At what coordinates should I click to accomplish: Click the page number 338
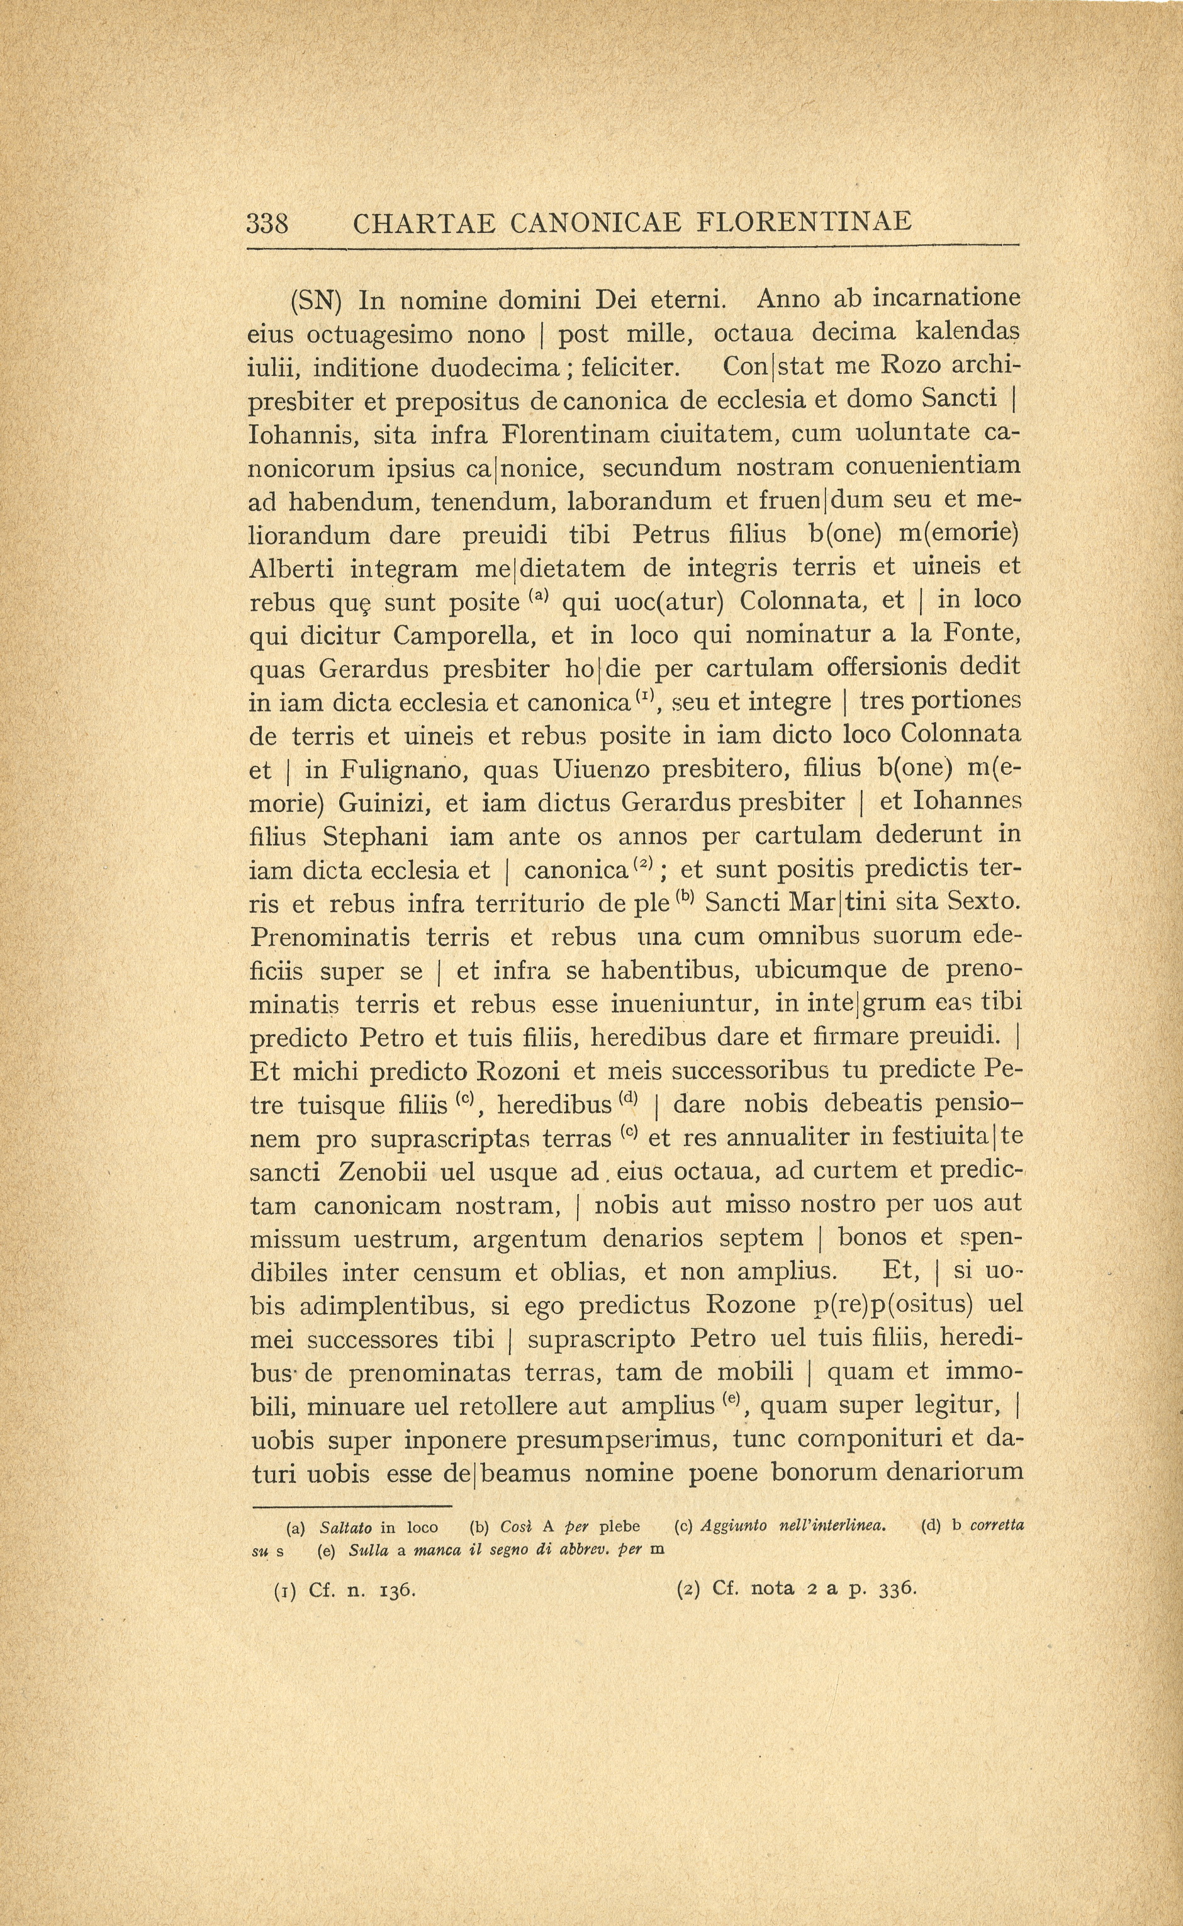click(x=267, y=224)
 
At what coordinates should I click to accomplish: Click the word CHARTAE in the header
click(x=424, y=224)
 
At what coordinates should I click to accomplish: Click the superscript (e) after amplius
click(x=733, y=1400)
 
